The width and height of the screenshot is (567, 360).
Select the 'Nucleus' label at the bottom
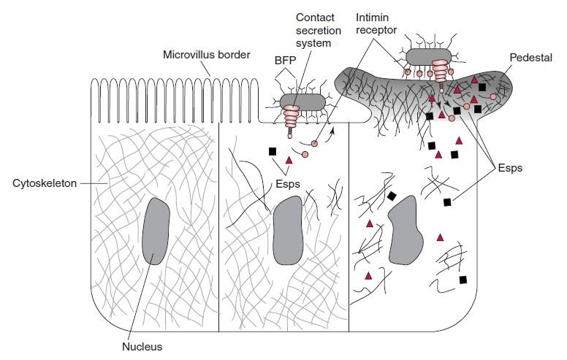tap(142, 347)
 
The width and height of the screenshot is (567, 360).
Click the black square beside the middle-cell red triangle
tap(273, 151)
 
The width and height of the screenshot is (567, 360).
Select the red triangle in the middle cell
tap(289, 160)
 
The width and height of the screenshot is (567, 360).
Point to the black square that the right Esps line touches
tap(447, 201)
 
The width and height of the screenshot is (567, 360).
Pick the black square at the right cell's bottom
tap(463, 280)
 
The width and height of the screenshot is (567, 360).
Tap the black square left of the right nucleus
tap(392, 196)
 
